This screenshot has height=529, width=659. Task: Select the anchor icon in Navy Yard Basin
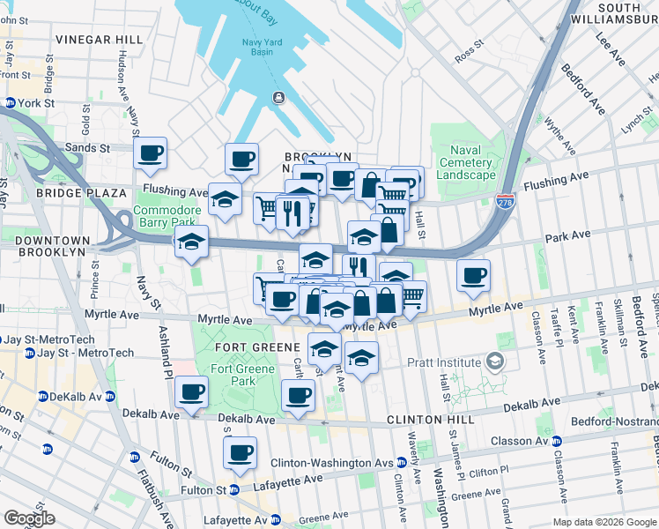(278, 97)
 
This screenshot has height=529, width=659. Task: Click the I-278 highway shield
(505, 201)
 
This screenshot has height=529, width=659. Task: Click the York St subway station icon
(10, 103)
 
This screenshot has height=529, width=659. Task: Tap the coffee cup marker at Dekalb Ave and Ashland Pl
(191, 392)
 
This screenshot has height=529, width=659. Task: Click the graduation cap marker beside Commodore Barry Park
(189, 244)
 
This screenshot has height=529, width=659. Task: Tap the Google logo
(29, 518)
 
